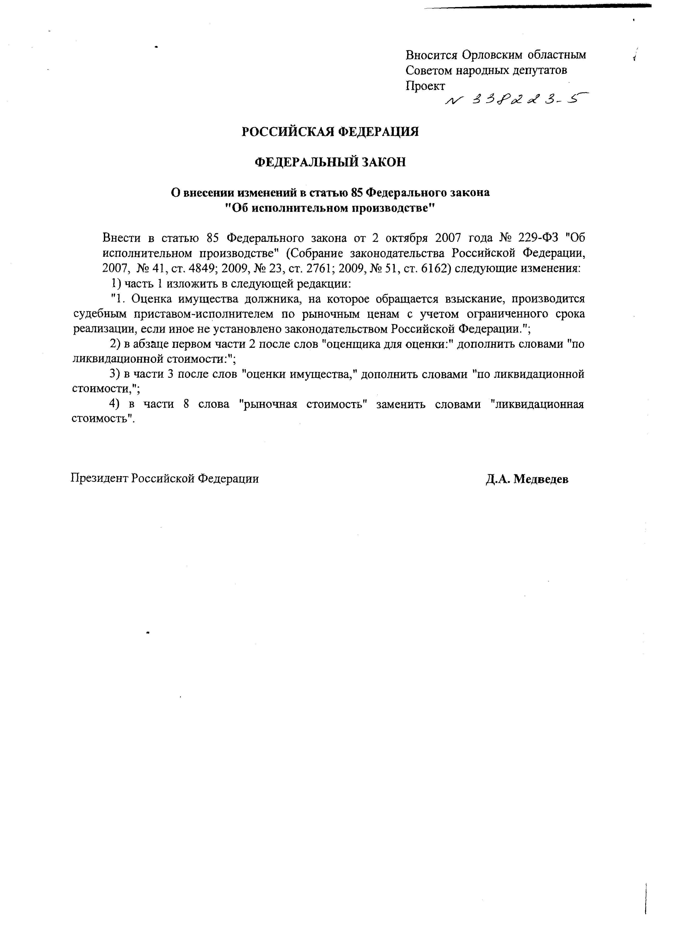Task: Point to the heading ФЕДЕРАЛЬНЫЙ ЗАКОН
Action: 330,162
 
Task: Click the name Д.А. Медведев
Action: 527,479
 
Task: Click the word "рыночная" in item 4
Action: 269,404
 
